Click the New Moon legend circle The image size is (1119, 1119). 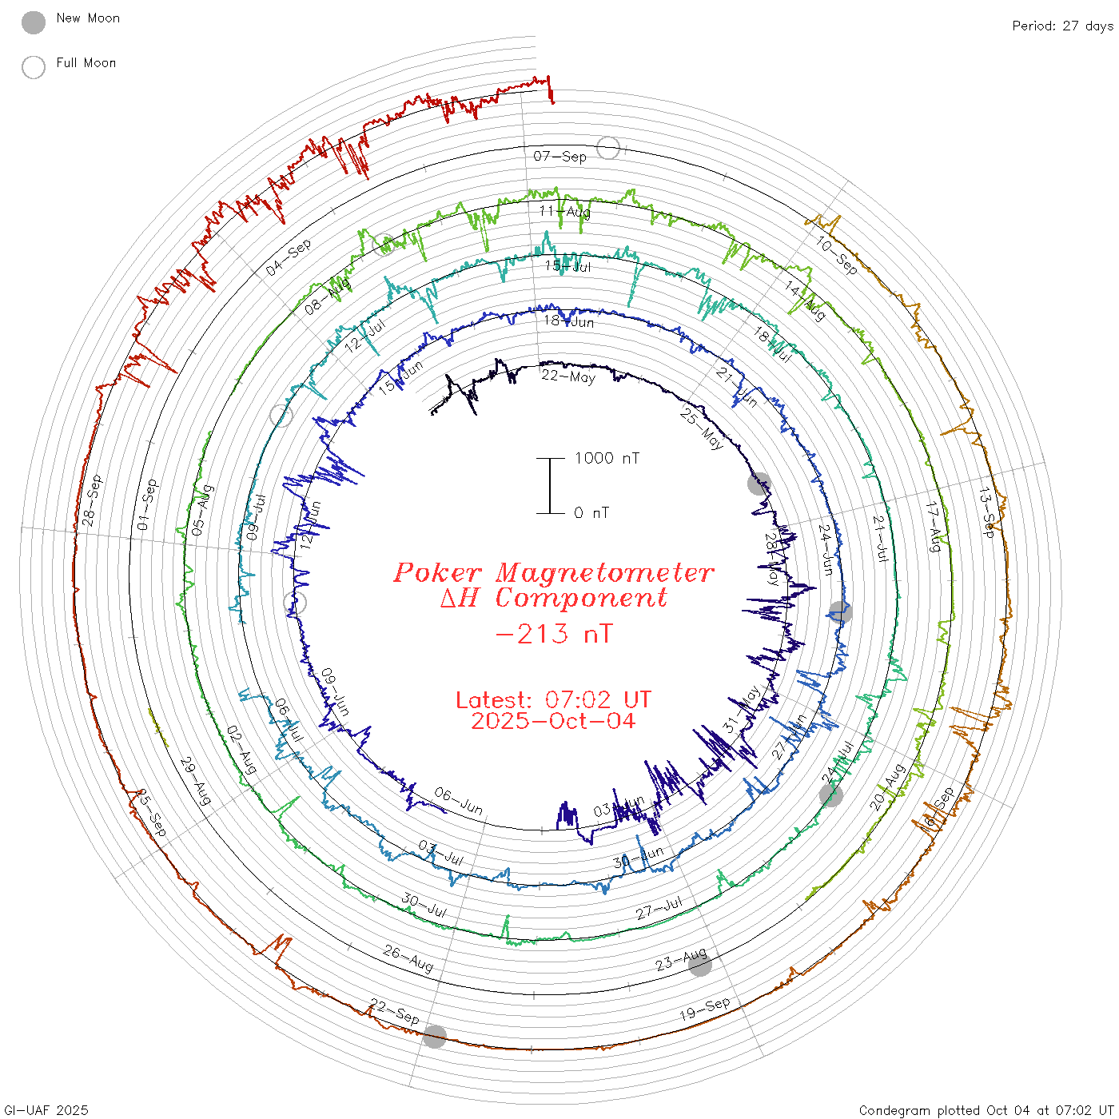point(34,22)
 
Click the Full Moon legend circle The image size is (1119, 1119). point(34,67)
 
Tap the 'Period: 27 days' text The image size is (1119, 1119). point(1062,26)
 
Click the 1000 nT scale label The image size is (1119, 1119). point(607,458)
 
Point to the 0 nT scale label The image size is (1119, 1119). point(591,513)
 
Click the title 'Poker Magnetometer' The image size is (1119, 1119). point(554,572)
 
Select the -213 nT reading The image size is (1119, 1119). point(554,634)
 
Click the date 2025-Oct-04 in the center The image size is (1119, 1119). point(553,721)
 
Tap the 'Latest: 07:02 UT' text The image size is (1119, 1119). point(553,700)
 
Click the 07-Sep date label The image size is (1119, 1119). point(559,156)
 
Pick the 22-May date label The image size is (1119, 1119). point(568,376)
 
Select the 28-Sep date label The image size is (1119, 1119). point(93,501)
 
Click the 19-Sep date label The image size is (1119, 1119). point(704,1009)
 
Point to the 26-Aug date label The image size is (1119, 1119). point(408,958)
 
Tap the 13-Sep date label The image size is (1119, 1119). point(988,512)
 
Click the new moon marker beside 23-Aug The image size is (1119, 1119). point(699,965)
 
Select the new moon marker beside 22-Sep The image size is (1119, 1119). point(435,1037)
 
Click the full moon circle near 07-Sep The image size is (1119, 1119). point(608,148)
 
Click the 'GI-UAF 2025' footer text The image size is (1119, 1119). point(46,1110)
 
